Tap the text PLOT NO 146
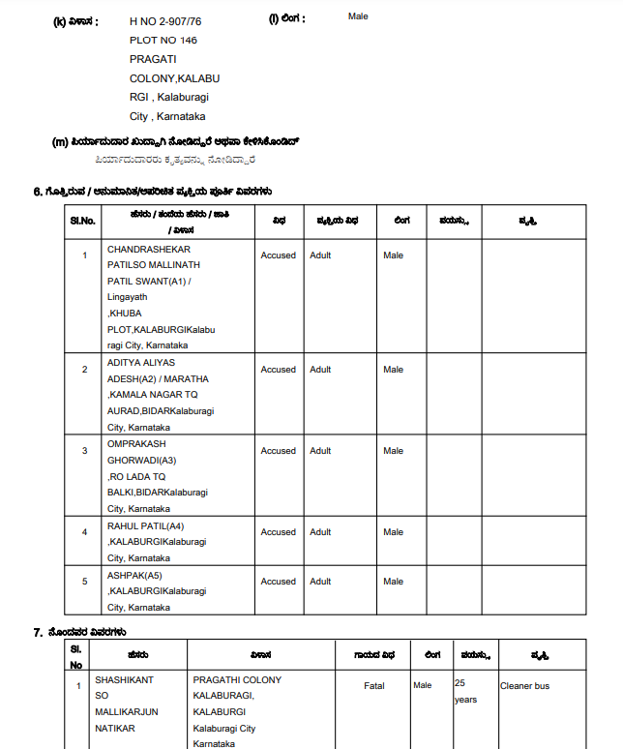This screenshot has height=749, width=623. coord(163,40)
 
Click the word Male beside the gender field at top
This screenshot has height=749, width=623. coord(358,16)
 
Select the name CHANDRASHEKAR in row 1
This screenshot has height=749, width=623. coord(149,250)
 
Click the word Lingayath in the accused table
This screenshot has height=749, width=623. coord(128,297)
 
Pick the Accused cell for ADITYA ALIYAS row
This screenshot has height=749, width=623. coord(279,370)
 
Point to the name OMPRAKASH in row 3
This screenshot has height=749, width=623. coord(136,443)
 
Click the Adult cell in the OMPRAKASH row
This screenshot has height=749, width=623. coord(320,451)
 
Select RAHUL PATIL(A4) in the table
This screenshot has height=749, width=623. coord(145,526)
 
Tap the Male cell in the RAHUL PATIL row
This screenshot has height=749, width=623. coord(393,532)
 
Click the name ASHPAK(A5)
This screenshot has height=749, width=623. coord(134,575)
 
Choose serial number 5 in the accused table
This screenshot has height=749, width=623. coord(84,582)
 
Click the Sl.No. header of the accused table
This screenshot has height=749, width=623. coord(83,221)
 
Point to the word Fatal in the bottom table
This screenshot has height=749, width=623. coord(373,686)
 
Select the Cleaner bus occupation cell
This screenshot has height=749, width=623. coord(524,686)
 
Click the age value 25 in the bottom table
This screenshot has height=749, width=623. coord(460,682)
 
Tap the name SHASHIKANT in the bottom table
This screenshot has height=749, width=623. coord(124,680)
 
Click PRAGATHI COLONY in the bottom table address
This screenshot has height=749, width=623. coord(237,680)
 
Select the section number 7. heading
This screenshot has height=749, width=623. coord(38,632)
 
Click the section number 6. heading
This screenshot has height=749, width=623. coord(38,192)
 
